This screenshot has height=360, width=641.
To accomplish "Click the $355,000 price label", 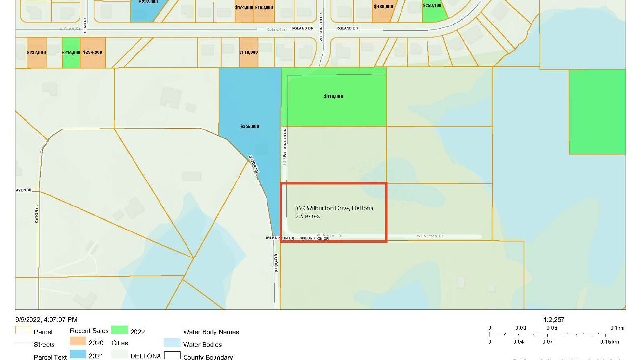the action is pyautogui.click(x=250, y=127).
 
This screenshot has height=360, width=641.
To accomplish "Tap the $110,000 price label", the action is pyautogui.click(x=334, y=97).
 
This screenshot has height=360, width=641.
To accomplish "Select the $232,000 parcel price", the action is pyautogui.click(x=36, y=52).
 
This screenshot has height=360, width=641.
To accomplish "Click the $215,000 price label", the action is pyautogui.click(x=71, y=52).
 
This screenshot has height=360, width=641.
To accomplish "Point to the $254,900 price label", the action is pyautogui.click(x=93, y=52).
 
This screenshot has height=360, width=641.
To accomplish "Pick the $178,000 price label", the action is pyautogui.click(x=248, y=52).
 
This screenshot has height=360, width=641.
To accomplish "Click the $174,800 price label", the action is pyautogui.click(x=244, y=7).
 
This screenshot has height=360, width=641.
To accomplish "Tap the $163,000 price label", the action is pyautogui.click(x=264, y=7).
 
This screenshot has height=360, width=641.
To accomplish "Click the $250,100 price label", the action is pyautogui.click(x=432, y=6).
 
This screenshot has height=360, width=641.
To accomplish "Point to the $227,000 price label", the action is pyautogui.click(x=148, y=2).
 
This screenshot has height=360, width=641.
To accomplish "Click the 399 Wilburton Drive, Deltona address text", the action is pyautogui.click(x=334, y=208).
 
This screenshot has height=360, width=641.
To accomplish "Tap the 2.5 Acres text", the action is pyautogui.click(x=307, y=216).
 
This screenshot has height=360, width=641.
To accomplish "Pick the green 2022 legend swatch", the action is pyautogui.click(x=120, y=330).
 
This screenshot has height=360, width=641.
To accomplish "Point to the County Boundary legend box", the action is pyautogui.click(x=172, y=356).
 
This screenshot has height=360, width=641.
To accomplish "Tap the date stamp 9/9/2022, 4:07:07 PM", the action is pyautogui.click(x=46, y=320).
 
